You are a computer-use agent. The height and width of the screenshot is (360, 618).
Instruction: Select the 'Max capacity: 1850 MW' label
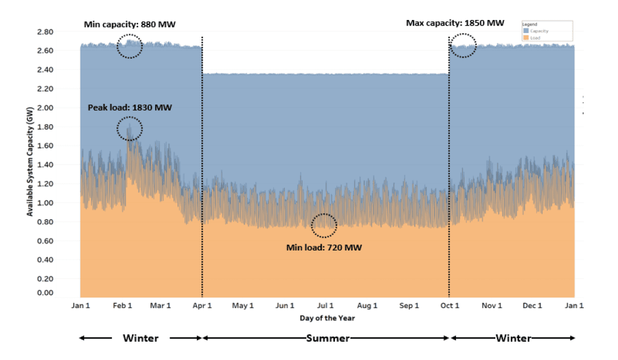455,23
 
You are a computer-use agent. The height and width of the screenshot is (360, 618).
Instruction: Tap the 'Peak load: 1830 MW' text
130,107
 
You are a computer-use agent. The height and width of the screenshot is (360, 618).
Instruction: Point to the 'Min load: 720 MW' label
324,248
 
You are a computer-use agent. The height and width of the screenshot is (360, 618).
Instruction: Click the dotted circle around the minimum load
324,225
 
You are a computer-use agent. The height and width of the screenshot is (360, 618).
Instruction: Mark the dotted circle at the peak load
130,129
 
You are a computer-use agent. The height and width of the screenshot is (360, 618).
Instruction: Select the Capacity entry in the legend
536,31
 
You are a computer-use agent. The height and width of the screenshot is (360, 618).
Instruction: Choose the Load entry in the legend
534,38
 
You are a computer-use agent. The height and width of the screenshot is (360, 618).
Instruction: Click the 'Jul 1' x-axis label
325,306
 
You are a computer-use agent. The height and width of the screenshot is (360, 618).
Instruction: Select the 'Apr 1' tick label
203,306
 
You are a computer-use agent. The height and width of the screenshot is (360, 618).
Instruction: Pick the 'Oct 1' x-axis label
450,306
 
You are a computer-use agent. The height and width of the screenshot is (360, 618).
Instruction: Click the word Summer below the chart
328,338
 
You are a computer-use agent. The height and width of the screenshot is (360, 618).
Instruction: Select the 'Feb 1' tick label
123,306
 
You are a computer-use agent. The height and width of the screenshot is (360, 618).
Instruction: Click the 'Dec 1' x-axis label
532,306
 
